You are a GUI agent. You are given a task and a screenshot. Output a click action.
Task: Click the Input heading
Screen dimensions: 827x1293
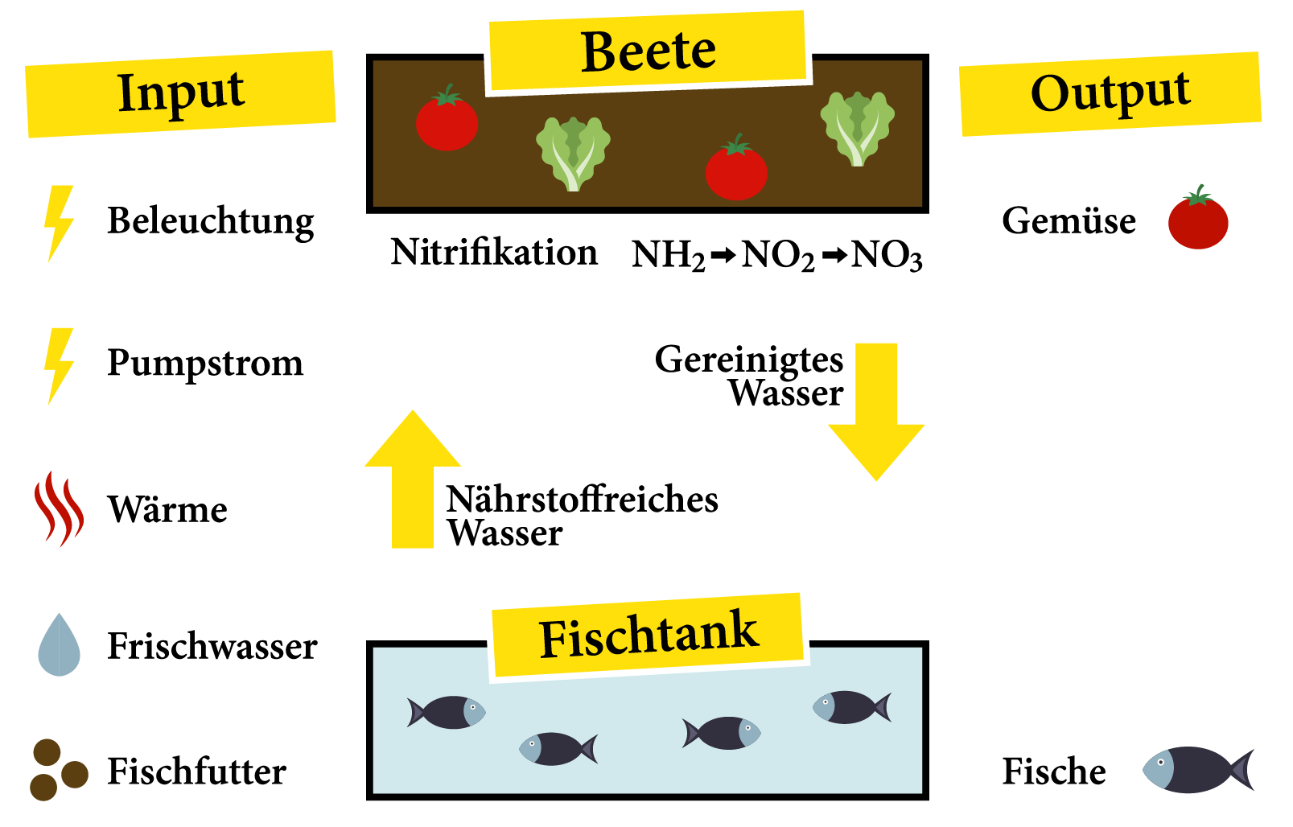pyautogui.click(x=181, y=93)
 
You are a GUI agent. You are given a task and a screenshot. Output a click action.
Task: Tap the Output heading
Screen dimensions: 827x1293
pyautogui.click(x=1110, y=93)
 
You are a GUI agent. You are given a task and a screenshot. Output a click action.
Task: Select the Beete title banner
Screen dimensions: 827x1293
pyautogui.click(x=648, y=51)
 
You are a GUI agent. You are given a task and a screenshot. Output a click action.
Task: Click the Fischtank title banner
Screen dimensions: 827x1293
pyautogui.click(x=648, y=636)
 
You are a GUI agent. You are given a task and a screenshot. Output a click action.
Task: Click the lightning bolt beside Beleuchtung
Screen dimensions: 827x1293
pyautogui.click(x=59, y=223)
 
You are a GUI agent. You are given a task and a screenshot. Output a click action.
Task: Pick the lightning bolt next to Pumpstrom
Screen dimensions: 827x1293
pyautogui.click(x=59, y=364)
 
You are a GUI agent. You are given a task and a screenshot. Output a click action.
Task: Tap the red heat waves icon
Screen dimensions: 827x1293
pyautogui.click(x=59, y=508)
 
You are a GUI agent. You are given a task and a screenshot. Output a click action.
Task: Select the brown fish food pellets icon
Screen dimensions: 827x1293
pyautogui.click(x=56, y=770)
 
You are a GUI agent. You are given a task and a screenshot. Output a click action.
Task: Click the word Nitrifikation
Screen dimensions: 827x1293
pyautogui.click(x=494, y=253)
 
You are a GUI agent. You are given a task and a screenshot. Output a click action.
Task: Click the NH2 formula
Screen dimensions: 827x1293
pyautogui.click(x=668, y=256)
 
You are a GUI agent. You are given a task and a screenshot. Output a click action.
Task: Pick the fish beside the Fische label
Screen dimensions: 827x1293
pyautogui.click(x=1197, y=770)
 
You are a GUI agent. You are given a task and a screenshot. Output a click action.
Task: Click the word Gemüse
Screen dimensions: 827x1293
pyautogui.click(x=1069, y=220)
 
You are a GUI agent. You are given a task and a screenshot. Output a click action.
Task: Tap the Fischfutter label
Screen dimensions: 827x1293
pyautogui.click(x=197, y=771)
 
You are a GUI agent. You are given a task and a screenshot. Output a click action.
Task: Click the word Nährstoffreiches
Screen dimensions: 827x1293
pyautogui.click(x=583, y=500)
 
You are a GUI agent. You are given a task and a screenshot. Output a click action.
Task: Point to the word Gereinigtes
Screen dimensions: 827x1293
pyautogui.click(x=748, y=360)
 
